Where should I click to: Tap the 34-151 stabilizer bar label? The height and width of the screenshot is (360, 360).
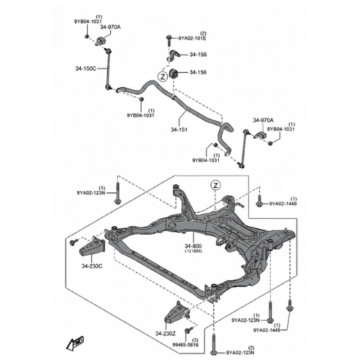pos(179,130)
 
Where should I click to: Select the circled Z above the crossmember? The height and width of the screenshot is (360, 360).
pos(215,185)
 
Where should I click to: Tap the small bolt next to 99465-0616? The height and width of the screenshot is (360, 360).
pos(188,330)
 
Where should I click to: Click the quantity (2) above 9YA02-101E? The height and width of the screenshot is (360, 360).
pos(203,33)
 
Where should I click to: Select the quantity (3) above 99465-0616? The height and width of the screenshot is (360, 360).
pos(194,338)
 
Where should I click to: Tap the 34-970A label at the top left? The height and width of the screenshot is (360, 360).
pos(111,27)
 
